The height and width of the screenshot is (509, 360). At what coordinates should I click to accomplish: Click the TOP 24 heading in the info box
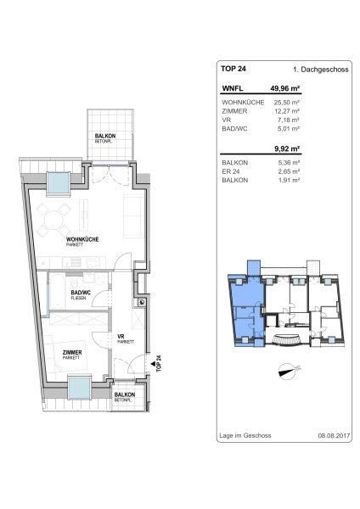pyautogui.click(x=233, y=69)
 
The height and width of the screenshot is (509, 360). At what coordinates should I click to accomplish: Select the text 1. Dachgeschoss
pyautogui.click(x=320, y=70)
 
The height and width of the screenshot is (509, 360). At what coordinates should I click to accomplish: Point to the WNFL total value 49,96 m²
pyautogui.click(x=285, y=88)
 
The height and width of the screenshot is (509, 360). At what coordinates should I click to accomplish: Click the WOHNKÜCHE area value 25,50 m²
pyautogui.click(x=286, y=103)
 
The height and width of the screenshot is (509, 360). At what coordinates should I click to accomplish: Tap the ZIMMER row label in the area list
pyautogui.click(x=234, y=111)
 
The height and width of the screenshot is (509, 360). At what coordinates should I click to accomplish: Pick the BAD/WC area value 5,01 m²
pyautogui.click(x=289, y=129)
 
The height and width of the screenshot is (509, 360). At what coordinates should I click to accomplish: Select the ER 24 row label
pyautogui.click(x=231, y=171)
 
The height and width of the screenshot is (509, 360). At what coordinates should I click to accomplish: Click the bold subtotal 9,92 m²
pyautogui.click(x=287, y=149)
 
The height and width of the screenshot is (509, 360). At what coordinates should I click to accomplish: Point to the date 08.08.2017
pyautogui.click(x=334, y=436)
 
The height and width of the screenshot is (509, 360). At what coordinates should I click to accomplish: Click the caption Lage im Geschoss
pyautogui.click(x=245, y=436)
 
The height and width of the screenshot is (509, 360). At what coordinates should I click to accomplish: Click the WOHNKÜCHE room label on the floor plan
pyautogui.click(x=82, y=239)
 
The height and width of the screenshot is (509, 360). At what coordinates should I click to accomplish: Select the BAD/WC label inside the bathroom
pyautogui.click(x=81, y=293)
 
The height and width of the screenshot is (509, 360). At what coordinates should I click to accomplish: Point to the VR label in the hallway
pyautogui.click(x=121, y=337)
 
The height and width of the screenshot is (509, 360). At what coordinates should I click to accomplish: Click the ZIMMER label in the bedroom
pyautogui.click(x=72, y=353)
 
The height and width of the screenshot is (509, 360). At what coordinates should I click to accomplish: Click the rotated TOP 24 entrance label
pyautogui.click(x=159, y=364)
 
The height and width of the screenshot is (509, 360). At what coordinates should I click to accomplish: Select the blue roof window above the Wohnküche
pyautogui.click(x=59, y=183)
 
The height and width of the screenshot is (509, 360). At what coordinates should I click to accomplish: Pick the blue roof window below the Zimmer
pyautogui.click(x=80, y=389)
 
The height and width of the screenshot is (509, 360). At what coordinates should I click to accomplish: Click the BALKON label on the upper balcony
pyautogui.click(x=105, y=136)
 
